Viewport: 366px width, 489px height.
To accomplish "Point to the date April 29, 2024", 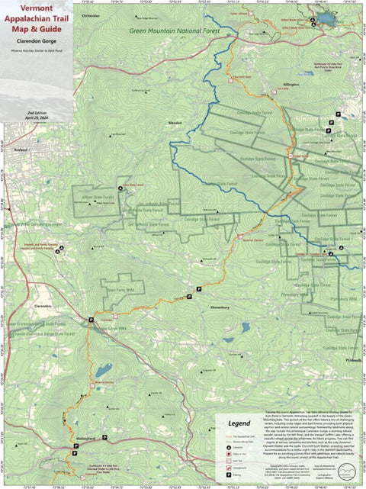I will tap(37, 117).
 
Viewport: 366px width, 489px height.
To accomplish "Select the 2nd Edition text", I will tap(37, 111).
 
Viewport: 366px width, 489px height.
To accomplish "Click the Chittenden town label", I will tap(90, 14).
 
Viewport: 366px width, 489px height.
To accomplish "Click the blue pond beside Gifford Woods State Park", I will tap(326, 17).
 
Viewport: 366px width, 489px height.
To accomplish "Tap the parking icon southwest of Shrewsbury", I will tap(199, 289).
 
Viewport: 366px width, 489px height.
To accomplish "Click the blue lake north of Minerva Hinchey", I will tap(104, 371).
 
